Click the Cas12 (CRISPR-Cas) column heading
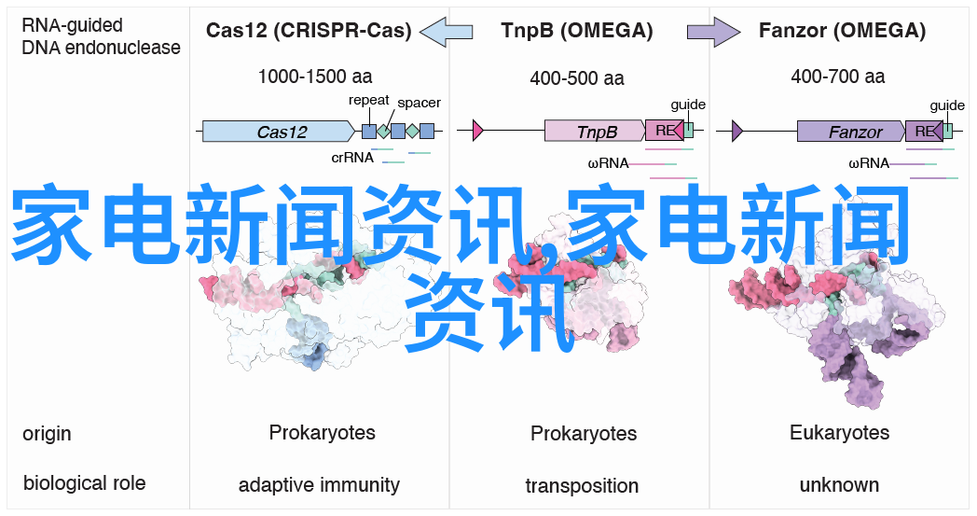click(x=309, y=31)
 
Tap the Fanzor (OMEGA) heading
click(x=842, y=31)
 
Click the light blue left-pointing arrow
click(x=447, y=32)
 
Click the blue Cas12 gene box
click(x=282, y=132)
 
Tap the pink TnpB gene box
click(x=595, y=132)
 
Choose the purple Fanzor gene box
click(x=850, y=132)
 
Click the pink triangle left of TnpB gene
click(x=477, y=131)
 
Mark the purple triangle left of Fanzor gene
click(x=737, y=131)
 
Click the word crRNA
click(x=352, y=158)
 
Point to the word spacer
click(x=419, y=103)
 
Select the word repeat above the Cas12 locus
click(x=369, y=100)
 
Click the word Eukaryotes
click(x=839, y=433)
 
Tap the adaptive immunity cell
click(x=319, y=485)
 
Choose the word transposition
click(x=582, y=486)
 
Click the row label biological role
click(x=84, y=482)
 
